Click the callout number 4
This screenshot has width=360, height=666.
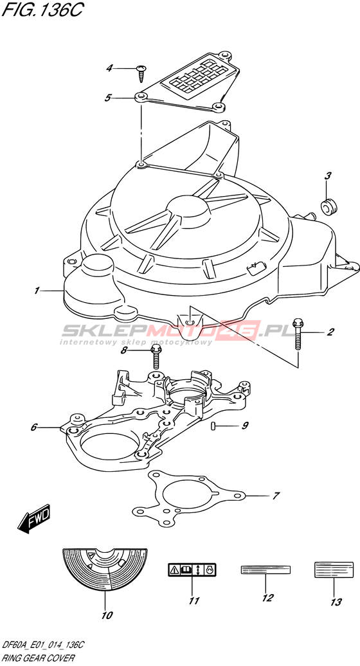(x=109, y=68)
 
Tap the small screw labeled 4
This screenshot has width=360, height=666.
(x=141, y=73)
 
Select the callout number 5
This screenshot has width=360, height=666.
(x=108, y=98)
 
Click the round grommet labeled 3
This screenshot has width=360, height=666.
(x=328, y=207)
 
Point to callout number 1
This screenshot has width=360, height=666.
(x=37, y=291)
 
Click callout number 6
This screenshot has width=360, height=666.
(x=34, y=428)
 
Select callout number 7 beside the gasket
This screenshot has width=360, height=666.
(x=276, y=496)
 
